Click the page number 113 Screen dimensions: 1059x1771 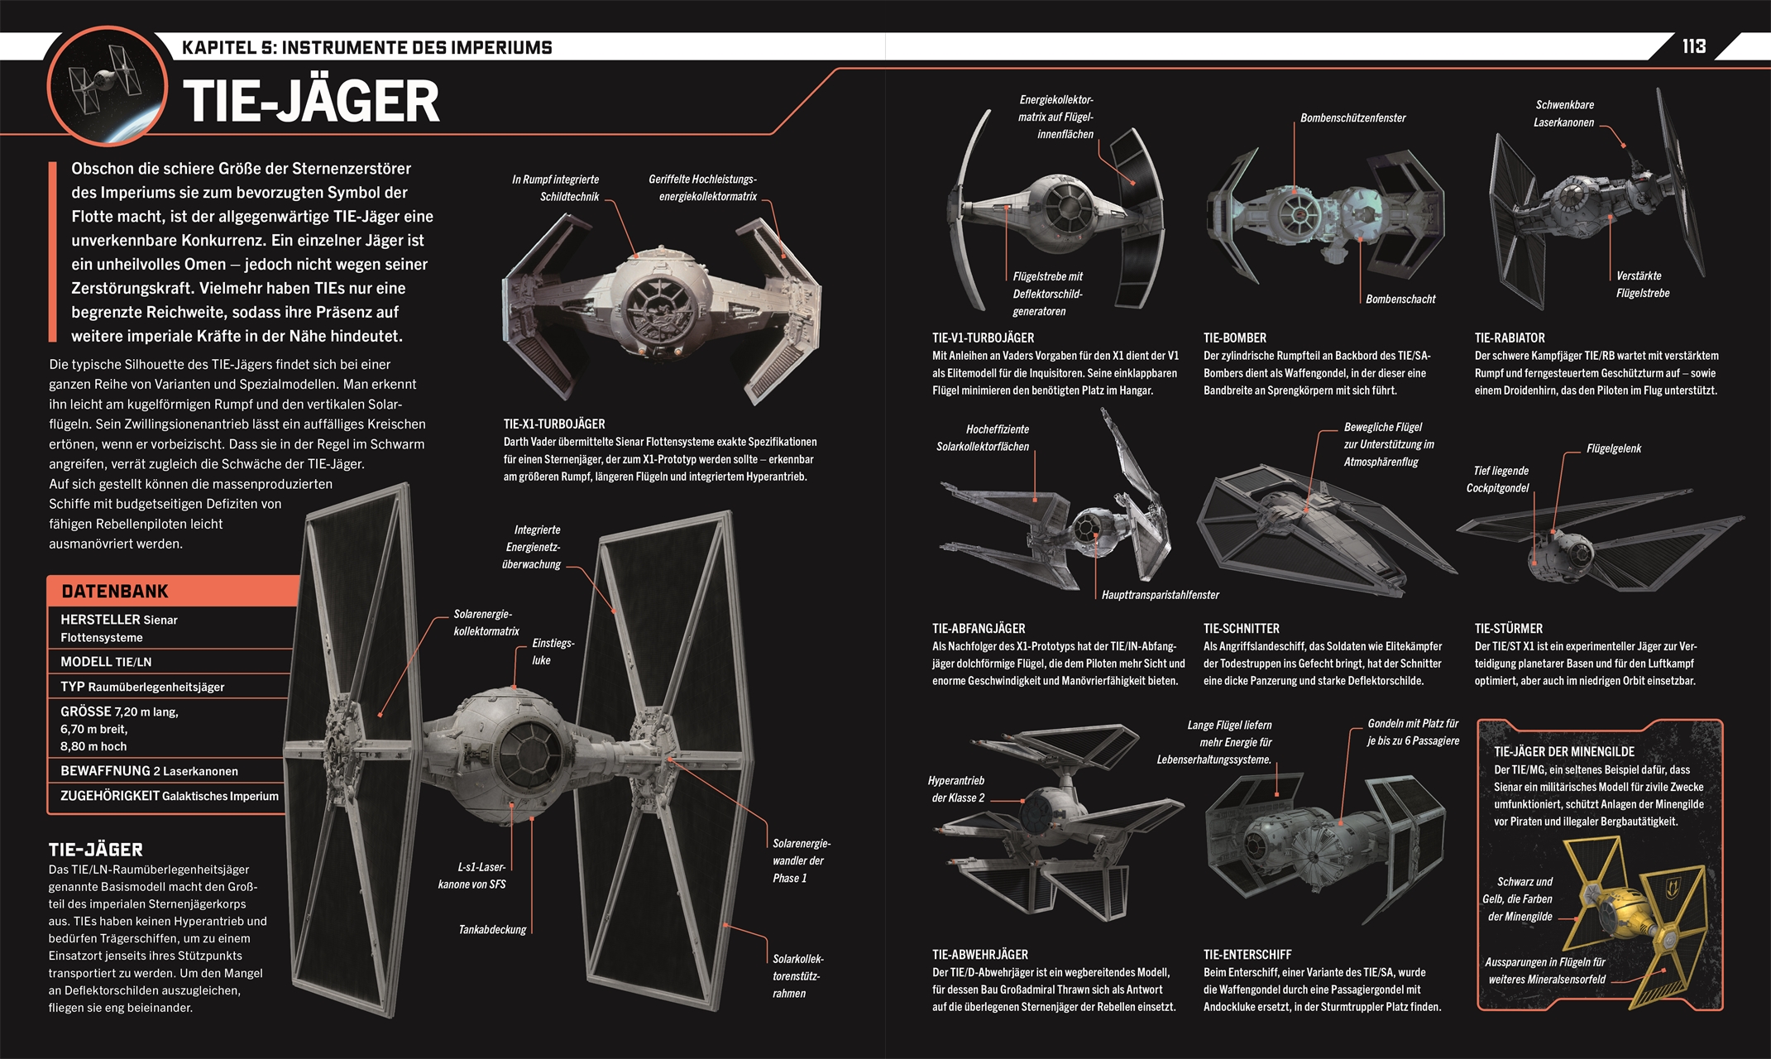[x=1693, y=46]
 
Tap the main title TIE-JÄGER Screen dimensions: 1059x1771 [x=311, y=101]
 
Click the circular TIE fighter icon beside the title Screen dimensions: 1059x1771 [x=107, y=85]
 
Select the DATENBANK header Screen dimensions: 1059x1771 [x=115, y=591]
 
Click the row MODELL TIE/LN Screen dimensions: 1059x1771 [x=106, y=662]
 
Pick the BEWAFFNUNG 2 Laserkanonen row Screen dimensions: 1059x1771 [x=149, y=770]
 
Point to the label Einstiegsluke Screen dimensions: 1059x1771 [x=552, y=651]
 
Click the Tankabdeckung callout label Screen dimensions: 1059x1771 [x=492, y=929]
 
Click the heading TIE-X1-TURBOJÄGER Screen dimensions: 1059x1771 [x=554, y=424]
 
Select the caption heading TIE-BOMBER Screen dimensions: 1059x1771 [x=1234, y=338]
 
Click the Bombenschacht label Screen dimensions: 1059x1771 [x=1400, y=299]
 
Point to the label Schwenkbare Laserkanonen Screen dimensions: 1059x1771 [x=1563, y=113]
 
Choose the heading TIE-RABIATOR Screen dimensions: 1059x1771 [x=1510, y=338]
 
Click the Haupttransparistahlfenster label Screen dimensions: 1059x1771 [x=1160, y=594]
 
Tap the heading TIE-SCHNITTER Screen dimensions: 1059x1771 [x=1241, y=628]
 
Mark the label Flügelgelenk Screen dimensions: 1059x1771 [x=1613, y=448]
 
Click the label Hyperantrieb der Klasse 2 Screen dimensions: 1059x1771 [x=957, y=788]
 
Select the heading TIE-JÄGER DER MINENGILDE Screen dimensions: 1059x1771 [x=1563, y=751]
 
